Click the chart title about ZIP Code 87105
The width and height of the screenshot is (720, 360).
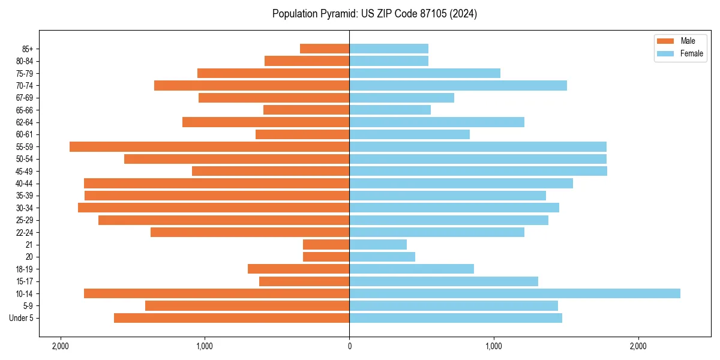point(374,14)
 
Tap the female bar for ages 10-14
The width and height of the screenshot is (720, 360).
point(514,293)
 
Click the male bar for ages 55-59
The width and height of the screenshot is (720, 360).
point(209,146)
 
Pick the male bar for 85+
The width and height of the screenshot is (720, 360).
point(325,49)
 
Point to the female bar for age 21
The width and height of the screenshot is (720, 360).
point(378,244)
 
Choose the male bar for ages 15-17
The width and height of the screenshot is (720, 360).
point(304,281)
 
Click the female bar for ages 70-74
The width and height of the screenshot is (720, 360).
point(458,85)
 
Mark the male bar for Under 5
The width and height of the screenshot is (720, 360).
point(232,318)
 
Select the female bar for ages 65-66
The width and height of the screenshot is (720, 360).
point(390,110)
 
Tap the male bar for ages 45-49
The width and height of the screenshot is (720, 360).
point(271,171)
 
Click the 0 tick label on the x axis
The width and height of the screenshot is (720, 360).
point(349,346)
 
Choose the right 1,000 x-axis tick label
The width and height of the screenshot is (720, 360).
point(494,346)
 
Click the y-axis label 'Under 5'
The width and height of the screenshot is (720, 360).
point(21,318)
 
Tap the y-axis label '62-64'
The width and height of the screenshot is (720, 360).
point(25,122)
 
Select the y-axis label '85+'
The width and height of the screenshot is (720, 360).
point(27,49)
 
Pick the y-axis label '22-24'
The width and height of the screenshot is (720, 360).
point(25,232)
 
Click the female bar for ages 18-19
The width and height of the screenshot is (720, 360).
point(412,269)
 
